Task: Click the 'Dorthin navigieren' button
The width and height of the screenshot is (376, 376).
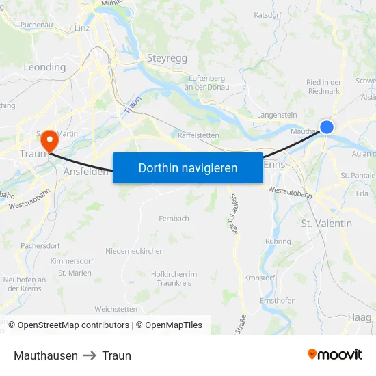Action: pyautogui.click(x=188, y=167)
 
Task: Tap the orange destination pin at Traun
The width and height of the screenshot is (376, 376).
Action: pyautogui.click(x=49, y=140)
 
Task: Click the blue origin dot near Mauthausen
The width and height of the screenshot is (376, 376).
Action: pyautogui.click(x=327, y=126)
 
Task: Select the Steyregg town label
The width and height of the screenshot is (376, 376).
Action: pyautogui.click(x=167, y=59)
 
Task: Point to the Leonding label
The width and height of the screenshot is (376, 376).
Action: pyautogui.click(x=44, y=67)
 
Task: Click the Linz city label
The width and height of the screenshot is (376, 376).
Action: pyautogui.click(x=82, y=28)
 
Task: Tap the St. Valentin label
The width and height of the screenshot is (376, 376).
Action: pyautogui.click(x=326, y=224)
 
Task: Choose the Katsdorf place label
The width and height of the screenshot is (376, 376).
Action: pyautogui.click(x=268, y=14)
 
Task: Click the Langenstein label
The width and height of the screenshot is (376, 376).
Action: pyautogui.click(x=277, y=116)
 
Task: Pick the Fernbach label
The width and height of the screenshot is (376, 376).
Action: pyautogui.click(x=174, y=219)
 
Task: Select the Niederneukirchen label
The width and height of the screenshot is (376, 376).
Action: pyautogui.click(x=135, y=252)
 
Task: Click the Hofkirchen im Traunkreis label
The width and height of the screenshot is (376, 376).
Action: pyautogui.click(x=174, y=278)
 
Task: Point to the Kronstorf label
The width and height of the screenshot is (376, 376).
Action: pyautogui.click(x=259, y=278)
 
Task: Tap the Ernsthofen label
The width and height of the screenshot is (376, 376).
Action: pyautogui.click(x=278, y=301)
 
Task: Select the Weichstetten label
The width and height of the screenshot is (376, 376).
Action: pyautogui.click(x=116, y=309)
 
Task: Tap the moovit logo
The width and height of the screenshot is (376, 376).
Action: pyautogui.click(x=335, y=355)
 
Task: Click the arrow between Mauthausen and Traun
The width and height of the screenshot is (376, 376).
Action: pyautogui.click(x=91, y=355)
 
